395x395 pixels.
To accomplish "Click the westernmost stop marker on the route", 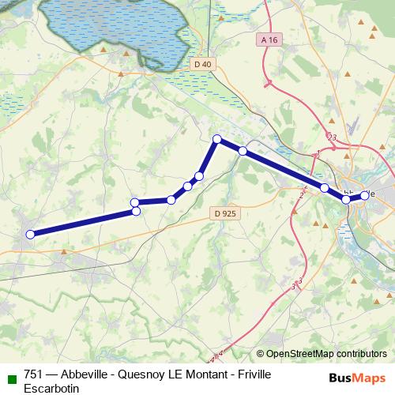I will point(30,234).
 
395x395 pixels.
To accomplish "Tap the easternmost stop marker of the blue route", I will point(364,195).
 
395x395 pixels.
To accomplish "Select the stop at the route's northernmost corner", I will point(217,139).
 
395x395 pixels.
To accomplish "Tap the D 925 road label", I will point(225,213).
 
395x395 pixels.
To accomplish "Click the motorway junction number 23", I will point(333,138).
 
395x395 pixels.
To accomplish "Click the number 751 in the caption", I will point(34,374).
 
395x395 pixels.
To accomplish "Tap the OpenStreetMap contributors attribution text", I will point(326,354).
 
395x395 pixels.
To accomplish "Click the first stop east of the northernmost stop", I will point(243,151).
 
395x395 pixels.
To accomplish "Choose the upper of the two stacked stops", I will point(135,202).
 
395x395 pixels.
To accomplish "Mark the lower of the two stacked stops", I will point(136,211).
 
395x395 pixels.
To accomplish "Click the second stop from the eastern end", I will point(346,199).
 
